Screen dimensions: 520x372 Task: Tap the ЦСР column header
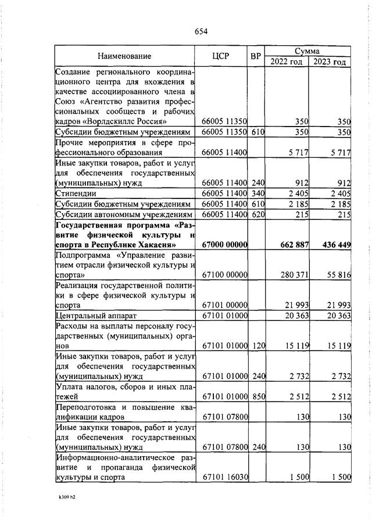click(x=221, y=56)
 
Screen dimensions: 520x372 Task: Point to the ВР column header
click(x=255, y=56)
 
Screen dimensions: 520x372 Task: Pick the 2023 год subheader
click(x=330, y=62)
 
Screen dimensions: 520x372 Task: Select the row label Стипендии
click(x=76, y=193)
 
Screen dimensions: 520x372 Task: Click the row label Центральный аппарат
click(x=96, y=316)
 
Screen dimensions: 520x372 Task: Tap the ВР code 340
click(x=258, y=193)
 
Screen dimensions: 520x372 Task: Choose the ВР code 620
click(x=258, y=215)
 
